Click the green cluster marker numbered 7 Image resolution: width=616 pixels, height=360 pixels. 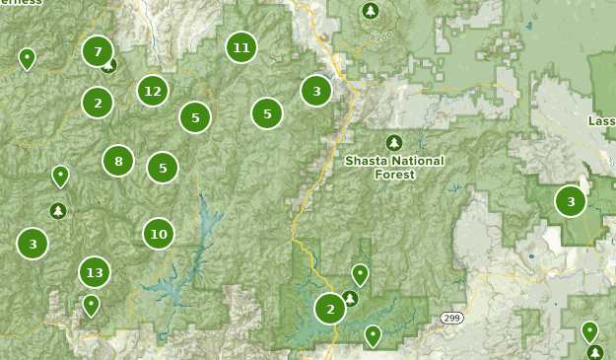click(x=97, y=51)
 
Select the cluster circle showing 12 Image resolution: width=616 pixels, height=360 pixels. click(x=152, y=91)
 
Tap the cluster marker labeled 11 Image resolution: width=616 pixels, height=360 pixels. click(x=240, y=46)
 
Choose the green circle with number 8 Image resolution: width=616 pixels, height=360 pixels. click(x=118, y=161)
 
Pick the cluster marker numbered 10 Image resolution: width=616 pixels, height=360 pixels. click(x=158, y=234)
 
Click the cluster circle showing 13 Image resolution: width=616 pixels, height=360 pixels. click(x=95, y=272)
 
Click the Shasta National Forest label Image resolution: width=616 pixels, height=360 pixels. click(x=394, y=167)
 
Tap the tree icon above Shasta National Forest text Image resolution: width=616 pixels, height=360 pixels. click(x=394, y=142)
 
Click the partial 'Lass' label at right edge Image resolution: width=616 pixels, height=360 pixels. click(x=601, y=120)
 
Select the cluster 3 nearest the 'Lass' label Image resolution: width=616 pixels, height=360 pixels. click(x=570, y=201)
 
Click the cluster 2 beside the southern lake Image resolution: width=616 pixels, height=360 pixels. click(x=330, y=309)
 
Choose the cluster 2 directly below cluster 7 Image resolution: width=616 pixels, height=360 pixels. click(x=97, y=102)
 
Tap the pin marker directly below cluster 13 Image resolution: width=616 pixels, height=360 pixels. click(x=91, y=305)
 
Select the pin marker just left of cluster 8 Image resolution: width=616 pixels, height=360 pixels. click(x=60, y=176)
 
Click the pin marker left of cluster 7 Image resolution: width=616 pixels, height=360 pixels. click(x=27, y=58)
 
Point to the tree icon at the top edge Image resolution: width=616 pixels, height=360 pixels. click(x=370, y=11)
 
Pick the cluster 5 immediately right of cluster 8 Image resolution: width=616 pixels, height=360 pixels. click(x=163, y=168)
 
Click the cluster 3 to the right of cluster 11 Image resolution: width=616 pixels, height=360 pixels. click(x=315, y=91)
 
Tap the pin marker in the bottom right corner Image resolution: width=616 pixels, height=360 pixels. click(x=589, y=330)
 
